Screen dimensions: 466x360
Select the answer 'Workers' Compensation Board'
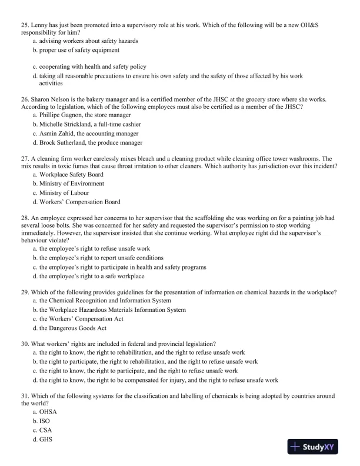click(x=80, y=202)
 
